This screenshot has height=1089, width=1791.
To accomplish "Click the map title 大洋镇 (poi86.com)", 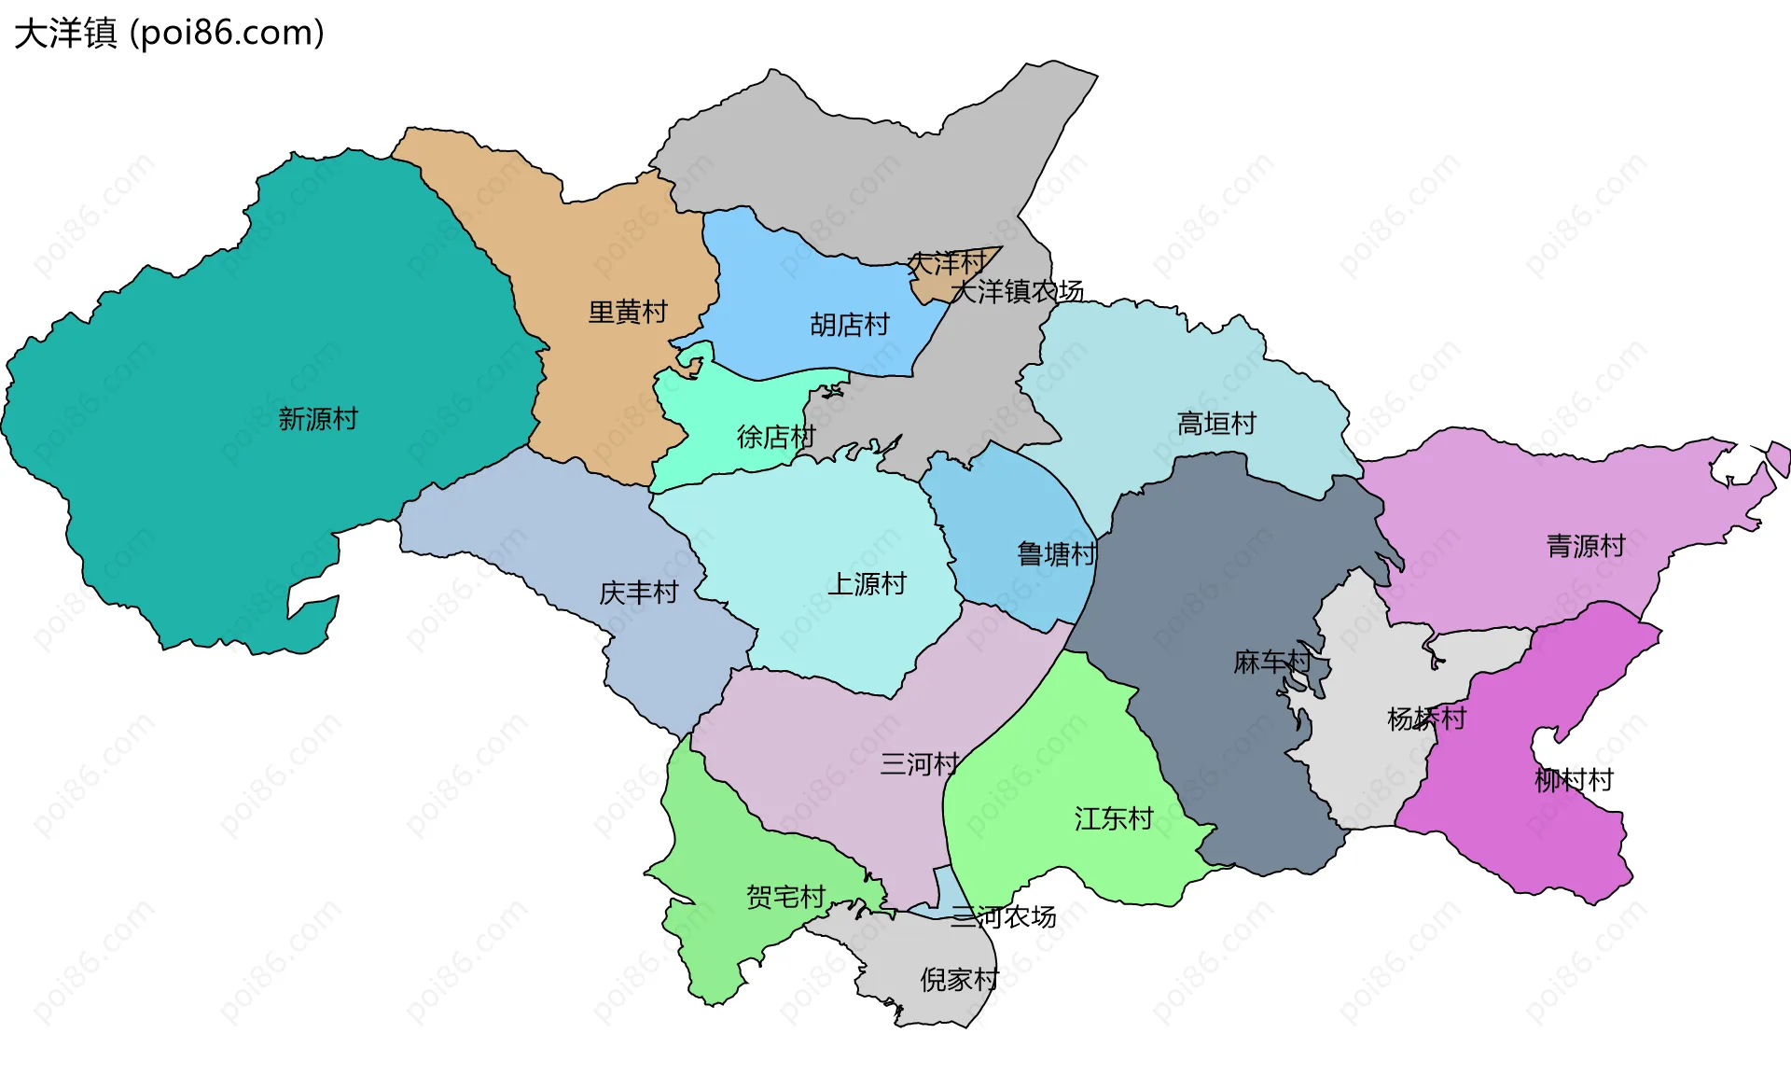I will point(169,34).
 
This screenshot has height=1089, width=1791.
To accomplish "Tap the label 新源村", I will point(318,419).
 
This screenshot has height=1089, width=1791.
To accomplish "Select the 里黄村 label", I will point(628,312).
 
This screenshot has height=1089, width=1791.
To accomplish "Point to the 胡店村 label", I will point(850,325).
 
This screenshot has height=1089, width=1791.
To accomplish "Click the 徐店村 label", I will point(776,437).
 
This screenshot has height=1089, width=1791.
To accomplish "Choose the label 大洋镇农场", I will point(1017,292).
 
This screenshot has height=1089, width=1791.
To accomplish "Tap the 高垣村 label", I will point(1216,424).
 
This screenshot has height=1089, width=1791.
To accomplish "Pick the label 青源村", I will point(1586,546).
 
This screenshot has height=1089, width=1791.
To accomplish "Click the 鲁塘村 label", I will point(1056,554).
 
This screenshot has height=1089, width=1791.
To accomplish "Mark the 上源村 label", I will point(868,584).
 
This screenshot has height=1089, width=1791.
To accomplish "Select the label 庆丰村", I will point(639,593).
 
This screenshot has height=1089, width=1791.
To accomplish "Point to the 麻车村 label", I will point(1272,663).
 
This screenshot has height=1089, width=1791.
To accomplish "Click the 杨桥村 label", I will point(1426,719).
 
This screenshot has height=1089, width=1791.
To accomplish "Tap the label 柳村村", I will point(1574,780).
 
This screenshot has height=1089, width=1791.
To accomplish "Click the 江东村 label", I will point(1114,819).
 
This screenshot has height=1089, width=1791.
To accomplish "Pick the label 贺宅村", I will point(786,897).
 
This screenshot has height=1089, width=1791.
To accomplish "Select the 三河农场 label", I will point(1004,917).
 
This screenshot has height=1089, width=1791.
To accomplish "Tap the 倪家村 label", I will point(959,980).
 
